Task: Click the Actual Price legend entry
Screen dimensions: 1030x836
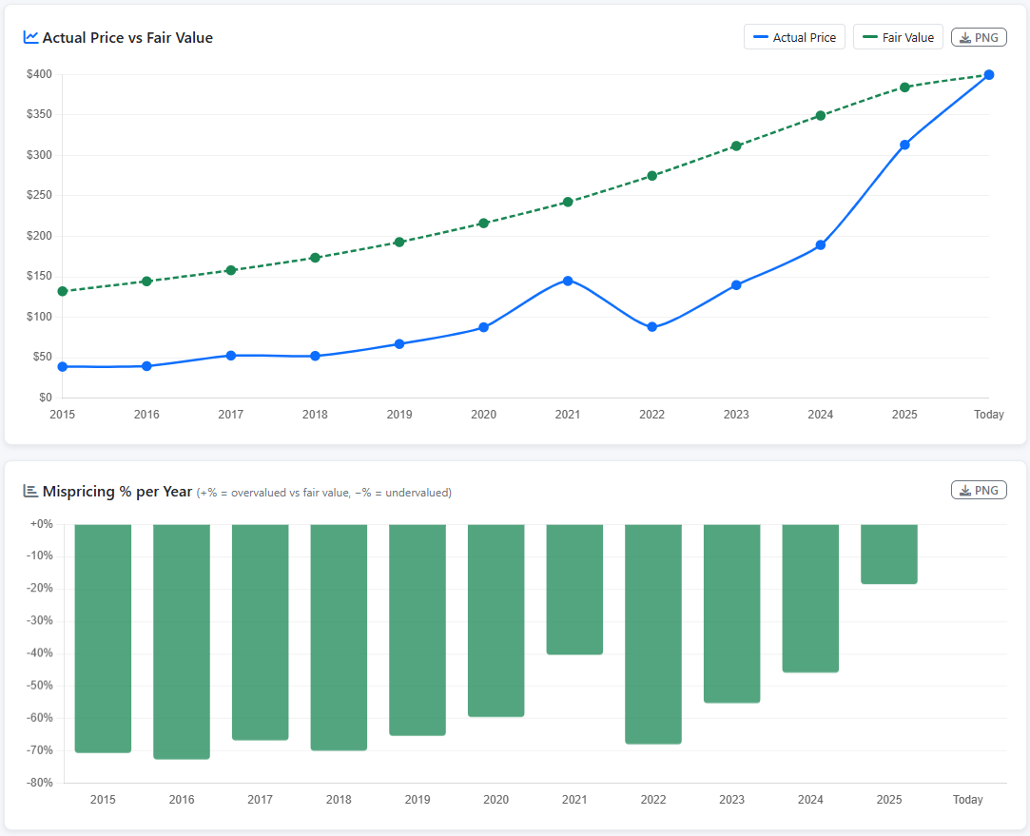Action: click(x=794, y=37)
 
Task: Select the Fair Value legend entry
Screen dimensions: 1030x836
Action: click(x=898, y=37)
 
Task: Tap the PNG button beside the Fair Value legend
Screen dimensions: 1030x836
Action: click(x=979, y=37)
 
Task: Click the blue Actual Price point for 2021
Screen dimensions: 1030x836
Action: click(x=568, y=282)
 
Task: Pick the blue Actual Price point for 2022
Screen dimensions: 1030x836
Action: click(x=651, y=327)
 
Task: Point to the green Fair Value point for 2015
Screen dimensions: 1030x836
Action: click(x=63, y=292)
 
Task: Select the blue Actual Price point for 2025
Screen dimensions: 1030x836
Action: click(x=904, y=146)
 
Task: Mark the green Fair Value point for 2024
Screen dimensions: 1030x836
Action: click(x=821, y=116)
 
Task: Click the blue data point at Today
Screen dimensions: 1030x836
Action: click(x=988, y=75)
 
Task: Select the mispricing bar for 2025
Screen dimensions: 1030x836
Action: click(x=889, y=554)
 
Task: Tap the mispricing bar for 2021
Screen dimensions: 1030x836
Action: click(x=574, y=590)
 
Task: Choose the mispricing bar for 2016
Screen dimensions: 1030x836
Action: click(x=182, y=642)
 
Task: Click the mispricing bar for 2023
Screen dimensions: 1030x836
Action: click(x=731, y=614)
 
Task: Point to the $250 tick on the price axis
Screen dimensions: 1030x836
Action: click(x=39, y=195)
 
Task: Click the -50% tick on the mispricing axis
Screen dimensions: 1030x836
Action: click(x=40, y=686)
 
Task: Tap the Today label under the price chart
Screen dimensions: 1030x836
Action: click(x=988, y=415)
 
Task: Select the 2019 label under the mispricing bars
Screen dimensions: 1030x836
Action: click(x=418, y=799)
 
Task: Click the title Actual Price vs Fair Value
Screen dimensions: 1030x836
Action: click(x=127, y=37)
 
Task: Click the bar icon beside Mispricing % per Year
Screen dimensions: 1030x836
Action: click(x=30, y=491)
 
